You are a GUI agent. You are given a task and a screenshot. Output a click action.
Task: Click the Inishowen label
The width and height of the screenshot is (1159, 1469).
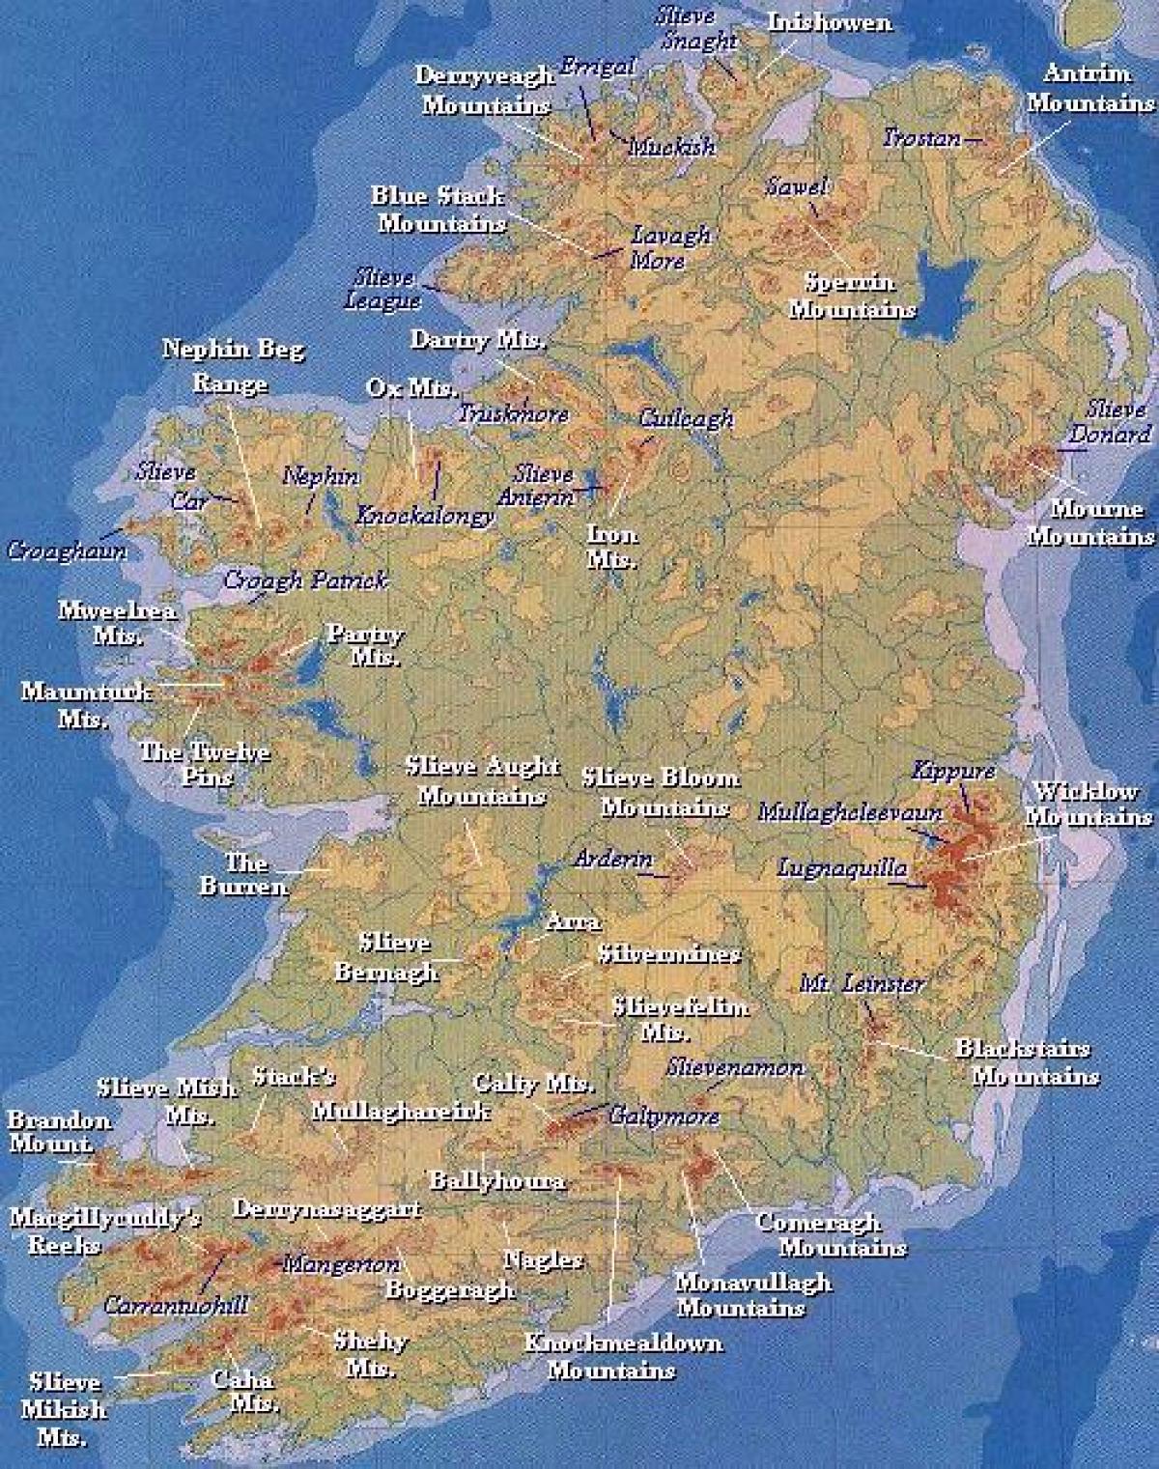click(x=830, y=22)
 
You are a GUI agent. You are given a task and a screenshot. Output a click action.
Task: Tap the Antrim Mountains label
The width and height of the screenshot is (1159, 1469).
click(x=1089, y=88)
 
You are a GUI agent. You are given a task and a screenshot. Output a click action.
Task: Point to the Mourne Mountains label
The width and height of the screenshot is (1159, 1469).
click(x=1090, y=522)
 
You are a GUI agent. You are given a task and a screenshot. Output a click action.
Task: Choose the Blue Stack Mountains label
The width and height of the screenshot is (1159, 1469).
click(x=440, y=210)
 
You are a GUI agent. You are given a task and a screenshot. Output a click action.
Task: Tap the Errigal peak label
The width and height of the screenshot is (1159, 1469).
click(x=598, y=67)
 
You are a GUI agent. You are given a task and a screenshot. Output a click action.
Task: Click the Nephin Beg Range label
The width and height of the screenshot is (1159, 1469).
click(x=232, y=365)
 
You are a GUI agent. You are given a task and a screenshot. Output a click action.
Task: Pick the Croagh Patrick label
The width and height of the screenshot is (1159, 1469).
click(x=305, y=579)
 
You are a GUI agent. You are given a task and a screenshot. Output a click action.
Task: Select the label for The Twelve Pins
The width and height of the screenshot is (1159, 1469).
click(x=205, y=763)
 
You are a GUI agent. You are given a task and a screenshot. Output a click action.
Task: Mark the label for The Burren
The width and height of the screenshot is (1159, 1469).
click(x=244, y=873)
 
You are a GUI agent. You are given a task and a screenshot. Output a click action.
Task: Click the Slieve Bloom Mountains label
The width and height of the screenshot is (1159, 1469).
click(x=662, y=791)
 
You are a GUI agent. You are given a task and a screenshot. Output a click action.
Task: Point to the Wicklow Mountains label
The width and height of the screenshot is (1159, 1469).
click(x=1088, y=804)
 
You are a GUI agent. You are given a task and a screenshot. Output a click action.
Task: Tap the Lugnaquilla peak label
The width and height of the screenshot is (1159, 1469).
click(x=842, y=867)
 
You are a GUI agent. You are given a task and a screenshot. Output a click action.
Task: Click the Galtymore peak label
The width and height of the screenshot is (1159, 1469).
click(x=664, y=1116)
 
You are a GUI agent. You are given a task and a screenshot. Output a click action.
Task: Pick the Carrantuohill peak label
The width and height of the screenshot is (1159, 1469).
click(x=176, y=1305)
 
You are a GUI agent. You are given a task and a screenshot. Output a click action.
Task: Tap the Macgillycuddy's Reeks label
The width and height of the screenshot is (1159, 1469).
click(x=104, y=1229)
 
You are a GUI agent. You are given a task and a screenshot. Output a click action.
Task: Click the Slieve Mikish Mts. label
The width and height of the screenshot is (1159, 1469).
click(x=64, y=1408)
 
